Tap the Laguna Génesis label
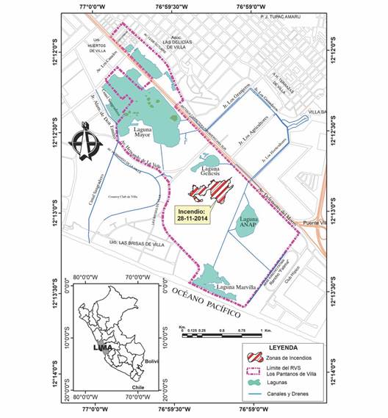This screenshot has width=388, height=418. pos(212,170)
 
